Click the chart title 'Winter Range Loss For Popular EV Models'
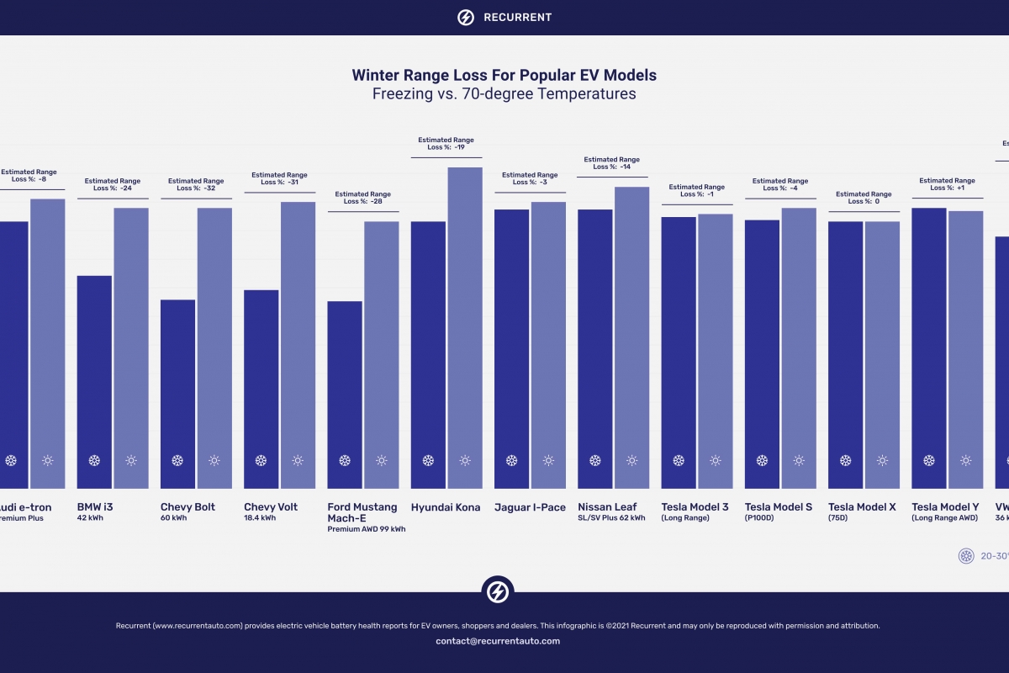[504, 75]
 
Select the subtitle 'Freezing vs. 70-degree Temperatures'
[504, 94]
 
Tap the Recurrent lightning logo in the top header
[465, 17]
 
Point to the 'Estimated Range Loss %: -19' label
[446, 144]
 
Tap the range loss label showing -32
[196, 184]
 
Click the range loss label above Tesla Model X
[864, 198]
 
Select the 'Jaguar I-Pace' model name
[530, 507]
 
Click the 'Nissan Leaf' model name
[607, 507]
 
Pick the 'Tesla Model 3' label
[695, 507]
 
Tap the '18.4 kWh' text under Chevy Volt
[260, 518]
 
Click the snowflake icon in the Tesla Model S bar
[762, 461]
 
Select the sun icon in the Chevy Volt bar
[298, 461]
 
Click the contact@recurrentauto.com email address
[498, 641]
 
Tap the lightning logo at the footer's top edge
[498, 591]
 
